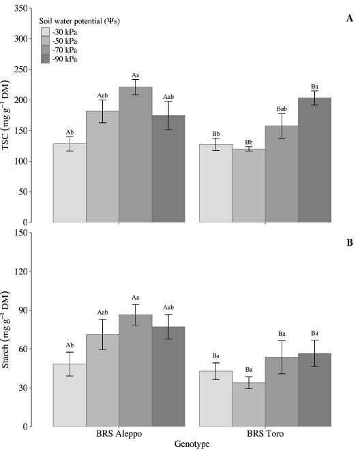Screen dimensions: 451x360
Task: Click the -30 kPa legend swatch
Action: [x=46, y=32]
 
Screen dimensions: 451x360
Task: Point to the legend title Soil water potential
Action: [x=76, y=20]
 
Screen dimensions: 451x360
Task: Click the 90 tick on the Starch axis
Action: [x=22, y=310]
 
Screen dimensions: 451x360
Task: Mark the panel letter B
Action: [x=349, y=242]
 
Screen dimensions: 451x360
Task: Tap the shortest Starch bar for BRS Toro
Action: [x=249, y=404]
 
